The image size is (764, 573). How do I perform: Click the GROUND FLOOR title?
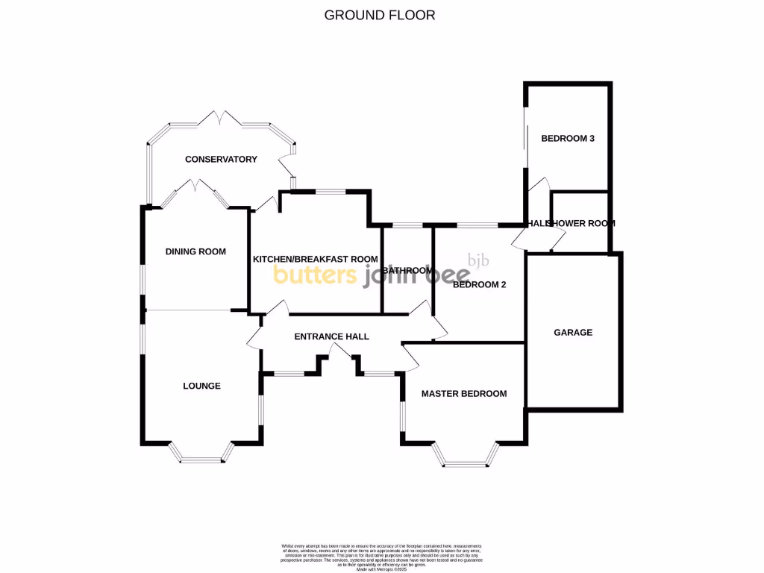(379, 15)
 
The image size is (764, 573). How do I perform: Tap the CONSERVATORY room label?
(221, 159)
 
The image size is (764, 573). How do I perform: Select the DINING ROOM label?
(195, 251)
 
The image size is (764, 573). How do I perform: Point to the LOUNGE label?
(201, 386)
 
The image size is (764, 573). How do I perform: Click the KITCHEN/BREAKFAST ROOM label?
(315, 259)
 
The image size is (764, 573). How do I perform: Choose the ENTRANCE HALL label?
(331, 336)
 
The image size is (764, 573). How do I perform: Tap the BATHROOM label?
(407, 270)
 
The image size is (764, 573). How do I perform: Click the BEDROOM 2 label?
(480, 284)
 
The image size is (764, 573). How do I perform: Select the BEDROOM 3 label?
(567, 138)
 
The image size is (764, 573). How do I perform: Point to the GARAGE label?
(573, 332)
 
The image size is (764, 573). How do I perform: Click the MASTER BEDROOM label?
(463, 393)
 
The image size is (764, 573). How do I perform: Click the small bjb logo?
(477, 260)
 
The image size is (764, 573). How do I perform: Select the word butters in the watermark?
(316, 275)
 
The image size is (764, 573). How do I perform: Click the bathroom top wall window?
(407, 225)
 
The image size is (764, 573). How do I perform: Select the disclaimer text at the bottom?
(381, 556)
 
